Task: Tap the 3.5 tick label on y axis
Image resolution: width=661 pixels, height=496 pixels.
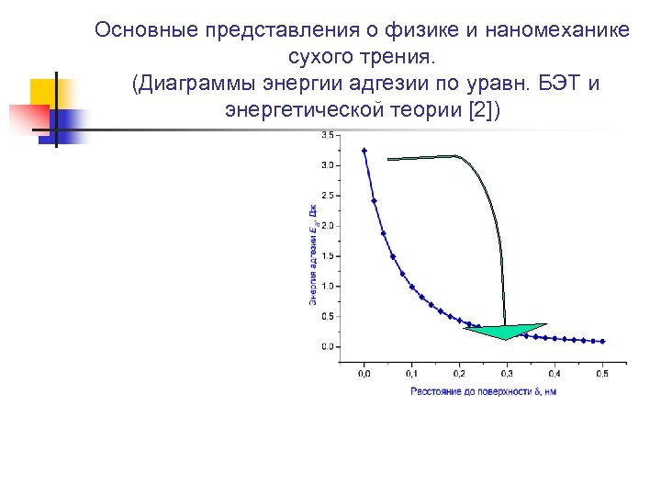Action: (328, 135)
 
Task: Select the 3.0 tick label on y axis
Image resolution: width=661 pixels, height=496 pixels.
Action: (328, 165)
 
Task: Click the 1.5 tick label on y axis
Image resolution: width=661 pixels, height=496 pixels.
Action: (328, 255)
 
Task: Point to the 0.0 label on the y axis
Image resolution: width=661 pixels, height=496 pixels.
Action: (328, 346)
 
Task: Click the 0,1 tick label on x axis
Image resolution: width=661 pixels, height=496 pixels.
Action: (411, 374)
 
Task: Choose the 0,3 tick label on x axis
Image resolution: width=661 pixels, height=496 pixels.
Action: (507, 374)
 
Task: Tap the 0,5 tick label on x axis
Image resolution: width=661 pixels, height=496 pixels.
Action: (602, 374)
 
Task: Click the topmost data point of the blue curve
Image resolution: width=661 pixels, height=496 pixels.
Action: (364, 151)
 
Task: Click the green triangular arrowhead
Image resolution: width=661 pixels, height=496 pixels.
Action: (505, 331)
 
